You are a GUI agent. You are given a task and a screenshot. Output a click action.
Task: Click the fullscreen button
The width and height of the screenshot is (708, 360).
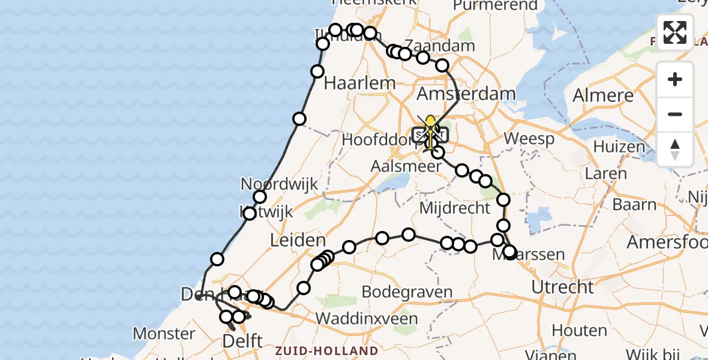click(x=675, y=32)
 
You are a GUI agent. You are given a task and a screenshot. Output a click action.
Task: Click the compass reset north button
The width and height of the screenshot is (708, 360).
click(x=675, y=149)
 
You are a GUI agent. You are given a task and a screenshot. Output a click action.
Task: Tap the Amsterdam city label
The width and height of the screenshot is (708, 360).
click(x=466, y=94)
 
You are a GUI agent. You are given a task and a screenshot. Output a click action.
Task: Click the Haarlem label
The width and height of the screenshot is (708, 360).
click(x=359, y=83)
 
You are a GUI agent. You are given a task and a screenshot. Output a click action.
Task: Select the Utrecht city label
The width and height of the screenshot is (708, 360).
click(x=562, y=287)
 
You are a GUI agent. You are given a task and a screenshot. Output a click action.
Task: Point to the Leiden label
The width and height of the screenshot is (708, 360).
click(x=298, y=241)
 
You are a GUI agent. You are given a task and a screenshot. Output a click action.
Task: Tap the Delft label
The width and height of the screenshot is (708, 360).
click(x=242, y=341)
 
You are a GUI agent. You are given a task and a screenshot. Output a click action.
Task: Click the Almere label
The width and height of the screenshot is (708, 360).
click(x=603, y=95)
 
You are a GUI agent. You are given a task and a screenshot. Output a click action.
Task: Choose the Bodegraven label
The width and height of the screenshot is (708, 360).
click(x=407, y=293)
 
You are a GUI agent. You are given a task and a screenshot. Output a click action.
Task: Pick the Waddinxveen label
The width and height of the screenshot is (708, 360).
click(x=368, y=318)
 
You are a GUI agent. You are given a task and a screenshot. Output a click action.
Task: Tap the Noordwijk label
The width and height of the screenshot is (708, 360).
click(x=280, y=184)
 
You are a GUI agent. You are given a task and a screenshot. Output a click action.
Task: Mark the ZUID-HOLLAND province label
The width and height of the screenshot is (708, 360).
click(x=326, y=350)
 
